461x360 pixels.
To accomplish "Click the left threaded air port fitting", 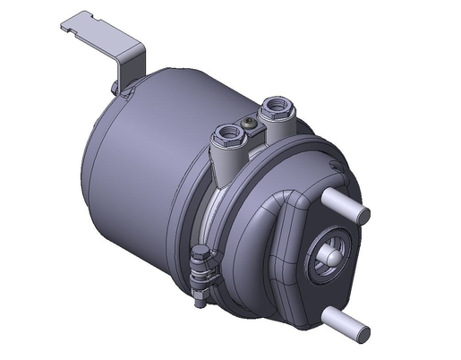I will (226, 137).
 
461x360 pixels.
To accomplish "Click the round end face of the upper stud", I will (363, 214).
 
